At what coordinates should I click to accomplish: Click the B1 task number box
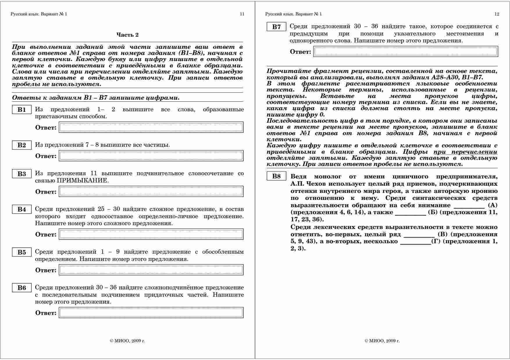pyautogui.click(x=22, y=110)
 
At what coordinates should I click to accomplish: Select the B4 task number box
pyautogui.click(x=22, y=209)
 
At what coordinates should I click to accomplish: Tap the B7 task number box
pyautogui.click(x=277, y=27)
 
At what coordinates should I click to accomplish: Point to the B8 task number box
pyautogui.click(x=277, y=176)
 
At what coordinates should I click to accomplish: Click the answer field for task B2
pyautogui.click(x=151, y=156)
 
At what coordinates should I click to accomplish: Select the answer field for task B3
pyautogui.click(x=151, y=191)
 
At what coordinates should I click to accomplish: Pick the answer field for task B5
pyautogui.click(x=151, y=270)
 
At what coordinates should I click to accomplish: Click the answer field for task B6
pyautogui.click(x=151, y=313)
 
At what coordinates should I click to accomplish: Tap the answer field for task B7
pyautogui.click(x=406, y=52)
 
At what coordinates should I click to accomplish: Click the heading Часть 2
pyautogui.click(x=127, y=35)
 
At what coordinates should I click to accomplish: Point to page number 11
pyautogui.click(x=242, y=14)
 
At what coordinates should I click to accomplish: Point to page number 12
pyautogui.click(x=497, y=14)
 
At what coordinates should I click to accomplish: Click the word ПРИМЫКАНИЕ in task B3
pyautogui.click(x=82, y=180)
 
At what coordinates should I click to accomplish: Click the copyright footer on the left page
pyautogui.click(x=127, y=341)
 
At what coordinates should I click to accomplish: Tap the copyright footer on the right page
pyautogui.click(x=382, y=341)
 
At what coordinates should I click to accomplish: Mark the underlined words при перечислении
pyautogui.click(x=465, y=152)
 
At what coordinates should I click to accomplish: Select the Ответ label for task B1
pyautogui.click(x=46, y=128)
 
